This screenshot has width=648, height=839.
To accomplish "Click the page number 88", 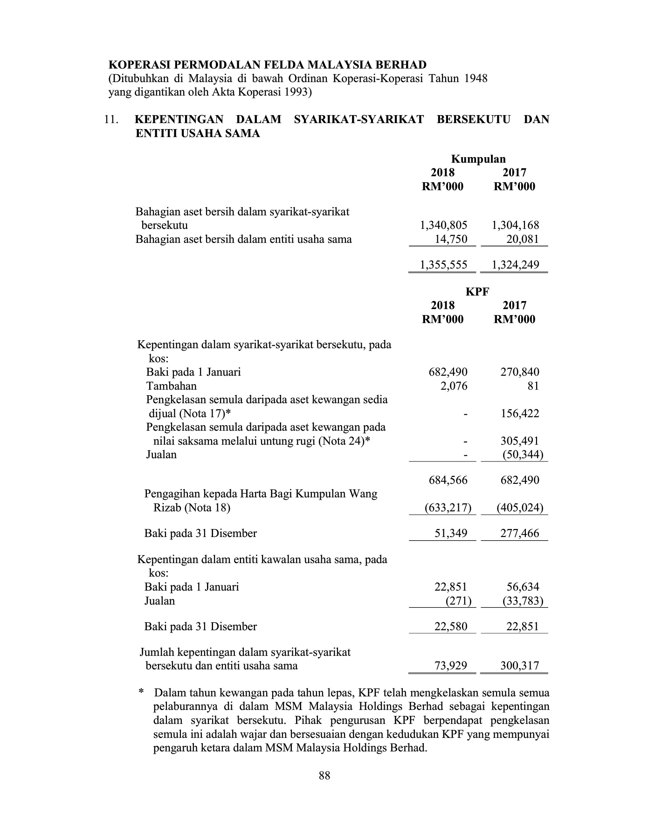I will (324, 776).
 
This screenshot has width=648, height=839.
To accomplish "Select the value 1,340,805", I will (443, 226).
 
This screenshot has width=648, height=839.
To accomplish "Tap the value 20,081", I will (523, 240).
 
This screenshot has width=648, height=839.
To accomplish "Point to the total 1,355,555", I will (443, 265).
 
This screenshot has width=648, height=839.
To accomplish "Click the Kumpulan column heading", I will (478, 159).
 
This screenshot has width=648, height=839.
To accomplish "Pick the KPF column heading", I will (478, 292).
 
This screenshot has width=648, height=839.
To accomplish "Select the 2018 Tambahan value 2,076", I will (454, 386).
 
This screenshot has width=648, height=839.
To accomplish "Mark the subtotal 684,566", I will (448, 481).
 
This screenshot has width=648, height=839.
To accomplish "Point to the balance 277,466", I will (520, 534).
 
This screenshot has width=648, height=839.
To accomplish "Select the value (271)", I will (459, 601).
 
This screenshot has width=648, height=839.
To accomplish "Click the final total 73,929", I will (451, 666).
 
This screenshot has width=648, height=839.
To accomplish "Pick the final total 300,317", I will (520, 666).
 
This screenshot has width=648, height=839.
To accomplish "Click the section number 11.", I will (111, 120).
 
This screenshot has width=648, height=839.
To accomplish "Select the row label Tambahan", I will (171, 386).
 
